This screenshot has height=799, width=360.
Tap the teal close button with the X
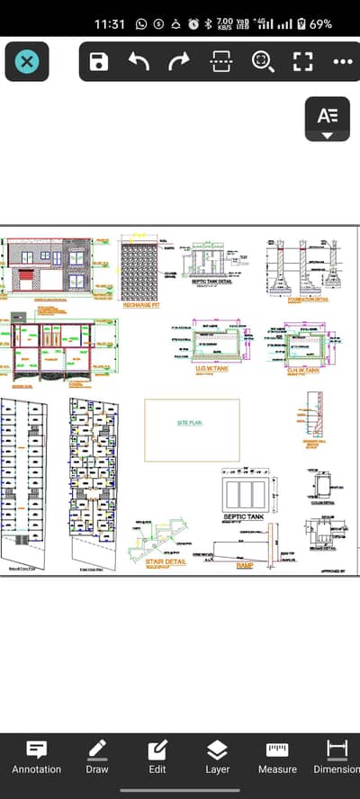(x=27, y=62)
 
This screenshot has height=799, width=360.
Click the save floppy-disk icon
(x=99, y=62)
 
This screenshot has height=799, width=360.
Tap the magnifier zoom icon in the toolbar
(x=262, y=62)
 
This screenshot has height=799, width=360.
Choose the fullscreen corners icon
(x=302, y=62)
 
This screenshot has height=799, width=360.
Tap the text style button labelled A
(x=328, y=116)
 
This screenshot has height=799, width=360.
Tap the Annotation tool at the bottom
(x=37, y=757)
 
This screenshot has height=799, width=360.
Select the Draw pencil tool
(x=97, y=757)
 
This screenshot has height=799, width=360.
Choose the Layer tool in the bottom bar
(x=217, y=757)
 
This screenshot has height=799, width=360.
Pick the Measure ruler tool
(x=277, y=757)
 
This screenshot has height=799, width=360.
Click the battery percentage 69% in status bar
(x=320, y=23)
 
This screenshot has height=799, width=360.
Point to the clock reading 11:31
(x=111, y=23)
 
